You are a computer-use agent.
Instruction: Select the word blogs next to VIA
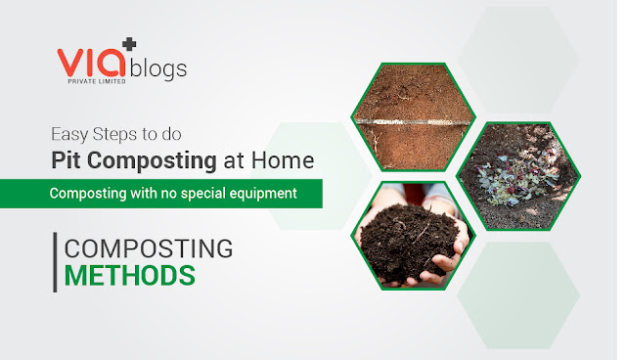click(x=160, y=70)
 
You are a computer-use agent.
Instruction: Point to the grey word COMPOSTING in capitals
click(x=149, y=248)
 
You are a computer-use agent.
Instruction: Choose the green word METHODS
click(x=130, y=275)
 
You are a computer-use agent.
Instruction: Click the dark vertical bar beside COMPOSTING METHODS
click(x=55, y=262)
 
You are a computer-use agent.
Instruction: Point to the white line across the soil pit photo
click(x=413, y=120)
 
